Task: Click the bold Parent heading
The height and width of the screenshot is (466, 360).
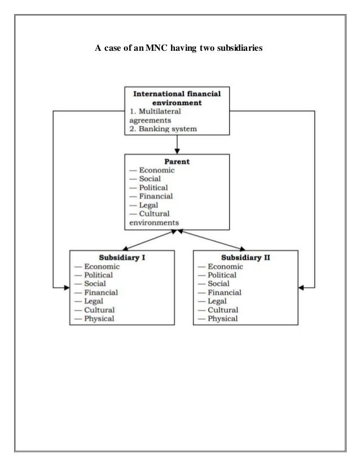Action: point(177,161)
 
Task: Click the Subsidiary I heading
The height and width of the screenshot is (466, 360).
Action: point(122,257)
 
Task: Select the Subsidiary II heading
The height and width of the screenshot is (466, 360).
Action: point(246,257)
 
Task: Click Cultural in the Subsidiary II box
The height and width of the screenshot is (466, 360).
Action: point(223,310)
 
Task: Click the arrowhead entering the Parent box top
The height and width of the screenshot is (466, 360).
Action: point(178,151)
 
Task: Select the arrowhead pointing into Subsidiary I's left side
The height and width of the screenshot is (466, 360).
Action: point(67,288)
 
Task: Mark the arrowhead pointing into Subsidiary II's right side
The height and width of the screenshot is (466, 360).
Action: point(301,288)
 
